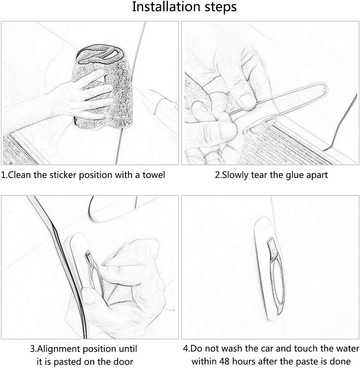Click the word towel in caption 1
tap(154, 175)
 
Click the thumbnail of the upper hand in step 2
tap(246, 100)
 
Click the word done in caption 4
tap(341, 362)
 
